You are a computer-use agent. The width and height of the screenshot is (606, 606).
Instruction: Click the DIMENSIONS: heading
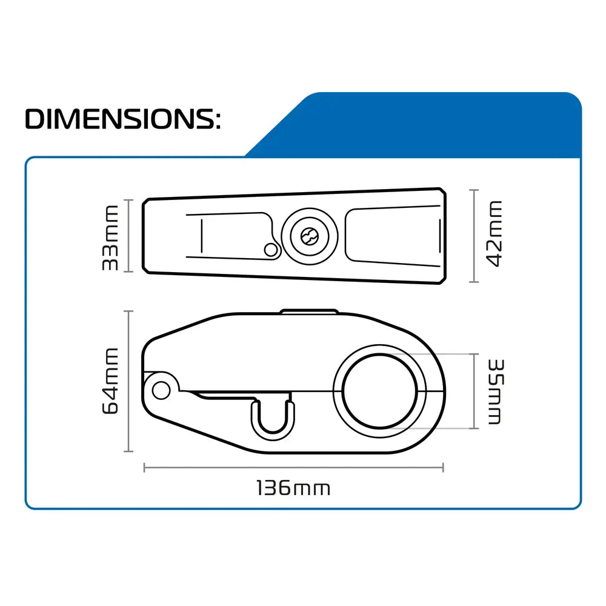(x=123, y=119)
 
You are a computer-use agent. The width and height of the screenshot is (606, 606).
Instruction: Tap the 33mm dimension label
(x=110, y=238)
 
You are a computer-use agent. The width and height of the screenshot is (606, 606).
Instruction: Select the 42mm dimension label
(x=494, y=234)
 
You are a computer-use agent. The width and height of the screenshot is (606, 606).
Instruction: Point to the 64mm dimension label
(x=110, y=381)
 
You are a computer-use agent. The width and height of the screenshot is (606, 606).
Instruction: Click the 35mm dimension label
(x=496, y=391)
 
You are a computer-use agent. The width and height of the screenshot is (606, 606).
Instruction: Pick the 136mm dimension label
(x=293, y=488)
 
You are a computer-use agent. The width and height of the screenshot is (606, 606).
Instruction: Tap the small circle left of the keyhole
(x=271, y=250)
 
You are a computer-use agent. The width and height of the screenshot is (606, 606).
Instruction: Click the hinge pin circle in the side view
(x=161, y=390)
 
